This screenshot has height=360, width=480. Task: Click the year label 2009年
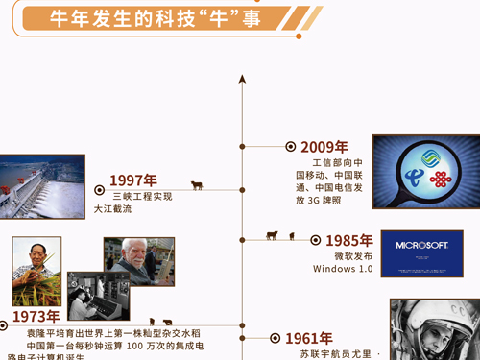324,147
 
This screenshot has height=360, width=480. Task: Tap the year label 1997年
132,180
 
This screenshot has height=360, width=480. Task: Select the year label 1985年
348,241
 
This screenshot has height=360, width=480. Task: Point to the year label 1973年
36,316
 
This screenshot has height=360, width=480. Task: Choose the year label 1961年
308,338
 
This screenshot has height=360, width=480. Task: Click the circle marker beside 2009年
291,147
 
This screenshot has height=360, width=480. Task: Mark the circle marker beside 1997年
100,190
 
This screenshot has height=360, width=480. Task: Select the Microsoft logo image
421,253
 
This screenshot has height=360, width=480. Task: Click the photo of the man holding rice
36,271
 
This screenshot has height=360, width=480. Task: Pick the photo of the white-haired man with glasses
139,261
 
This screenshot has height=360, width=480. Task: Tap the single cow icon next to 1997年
196,186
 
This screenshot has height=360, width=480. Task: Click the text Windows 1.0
342,269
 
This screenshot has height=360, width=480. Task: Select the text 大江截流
112,208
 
